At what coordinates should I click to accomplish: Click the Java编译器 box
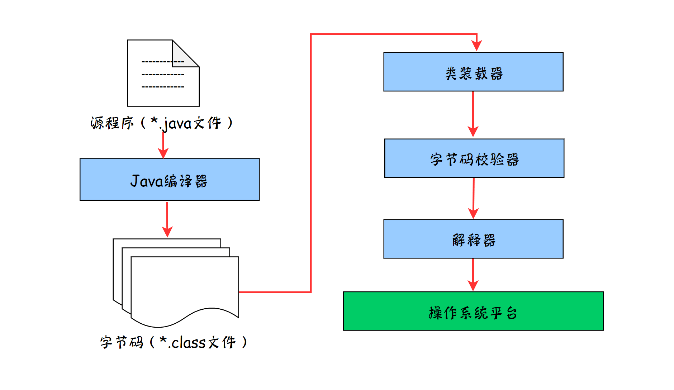[170, 179]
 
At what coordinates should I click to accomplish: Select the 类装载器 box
[473, 72]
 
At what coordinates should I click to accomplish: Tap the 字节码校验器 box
[474, 158]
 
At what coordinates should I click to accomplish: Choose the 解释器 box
[473, 239]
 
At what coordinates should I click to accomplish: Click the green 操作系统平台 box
[473, 311]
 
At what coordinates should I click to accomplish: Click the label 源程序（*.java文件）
[162, 123]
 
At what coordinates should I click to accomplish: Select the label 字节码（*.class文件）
[174, 342]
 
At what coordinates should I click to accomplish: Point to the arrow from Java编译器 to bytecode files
[167, 219]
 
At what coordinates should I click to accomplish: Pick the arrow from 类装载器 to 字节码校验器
[473, 113]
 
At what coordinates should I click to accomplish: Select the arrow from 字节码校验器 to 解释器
[474, 197]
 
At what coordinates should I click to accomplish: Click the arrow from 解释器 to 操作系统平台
[473, 274]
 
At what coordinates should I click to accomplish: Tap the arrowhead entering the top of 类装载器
[476, 46]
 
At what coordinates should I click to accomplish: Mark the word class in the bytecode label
[189, 343]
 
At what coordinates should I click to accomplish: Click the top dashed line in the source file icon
[163, 62]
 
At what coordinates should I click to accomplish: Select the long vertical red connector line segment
[311, 161]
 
